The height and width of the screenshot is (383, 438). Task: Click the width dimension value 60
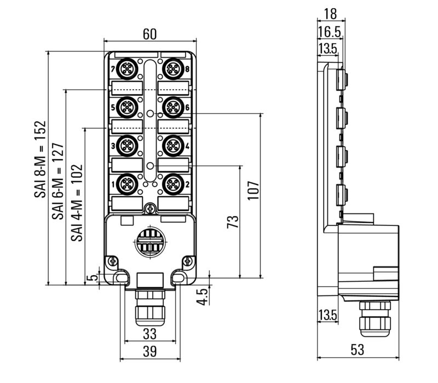tap(149, 34)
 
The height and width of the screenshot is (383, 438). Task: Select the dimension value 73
tap(233, 222)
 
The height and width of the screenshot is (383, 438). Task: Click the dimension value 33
tap(149, 333)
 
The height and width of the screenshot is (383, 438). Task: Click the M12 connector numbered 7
tap(127, 69)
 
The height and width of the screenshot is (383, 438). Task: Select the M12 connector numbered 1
tap(127, 184)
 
